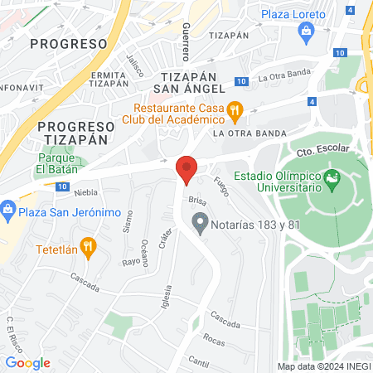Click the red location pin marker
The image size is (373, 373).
187,170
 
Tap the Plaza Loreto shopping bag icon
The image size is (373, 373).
308,32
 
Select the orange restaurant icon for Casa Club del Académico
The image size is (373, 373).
235,108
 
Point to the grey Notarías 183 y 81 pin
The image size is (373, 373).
199,220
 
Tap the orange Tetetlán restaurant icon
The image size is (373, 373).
90,247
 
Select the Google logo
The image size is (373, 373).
27,363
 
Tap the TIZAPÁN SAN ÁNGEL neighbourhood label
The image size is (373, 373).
190,81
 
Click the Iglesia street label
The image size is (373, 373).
167,298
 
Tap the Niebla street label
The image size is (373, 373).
85,190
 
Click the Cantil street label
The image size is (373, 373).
198,361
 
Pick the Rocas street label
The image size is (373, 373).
213,340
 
